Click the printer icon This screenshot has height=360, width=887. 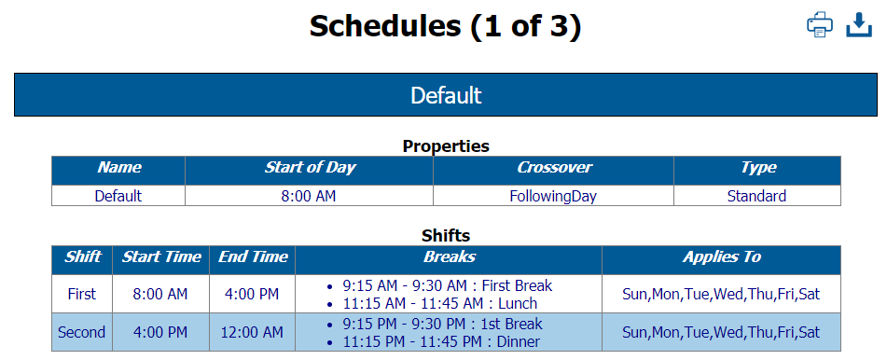[819, 25]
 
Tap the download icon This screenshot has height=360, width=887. [858, 25]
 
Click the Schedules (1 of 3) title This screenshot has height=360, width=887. [445, 27]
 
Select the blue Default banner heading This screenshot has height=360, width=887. [445, 95]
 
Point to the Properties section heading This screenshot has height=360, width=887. [445, 146]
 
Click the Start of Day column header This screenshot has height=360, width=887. [310, 168]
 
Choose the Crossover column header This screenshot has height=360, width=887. [554, 168]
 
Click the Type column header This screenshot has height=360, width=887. [757, 168]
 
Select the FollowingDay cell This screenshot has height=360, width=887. [553, 196]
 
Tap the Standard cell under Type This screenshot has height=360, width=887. [756, 196]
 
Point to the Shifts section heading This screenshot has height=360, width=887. [445, 236]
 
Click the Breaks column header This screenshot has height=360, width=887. [449, 256]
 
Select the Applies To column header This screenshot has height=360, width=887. [721, 256]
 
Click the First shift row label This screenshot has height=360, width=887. [82, 294]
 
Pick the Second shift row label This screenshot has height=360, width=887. [82, 332]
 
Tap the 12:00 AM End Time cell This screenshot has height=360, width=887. [252, 332]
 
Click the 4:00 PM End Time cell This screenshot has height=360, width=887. [252, 294]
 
